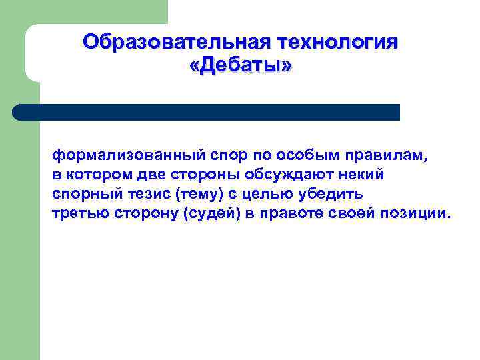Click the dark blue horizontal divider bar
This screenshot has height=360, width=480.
click(x=207, y=112)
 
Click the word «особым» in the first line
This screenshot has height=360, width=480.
click(x=307, y=155)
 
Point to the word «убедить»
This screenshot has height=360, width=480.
click(x=329, y=194)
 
